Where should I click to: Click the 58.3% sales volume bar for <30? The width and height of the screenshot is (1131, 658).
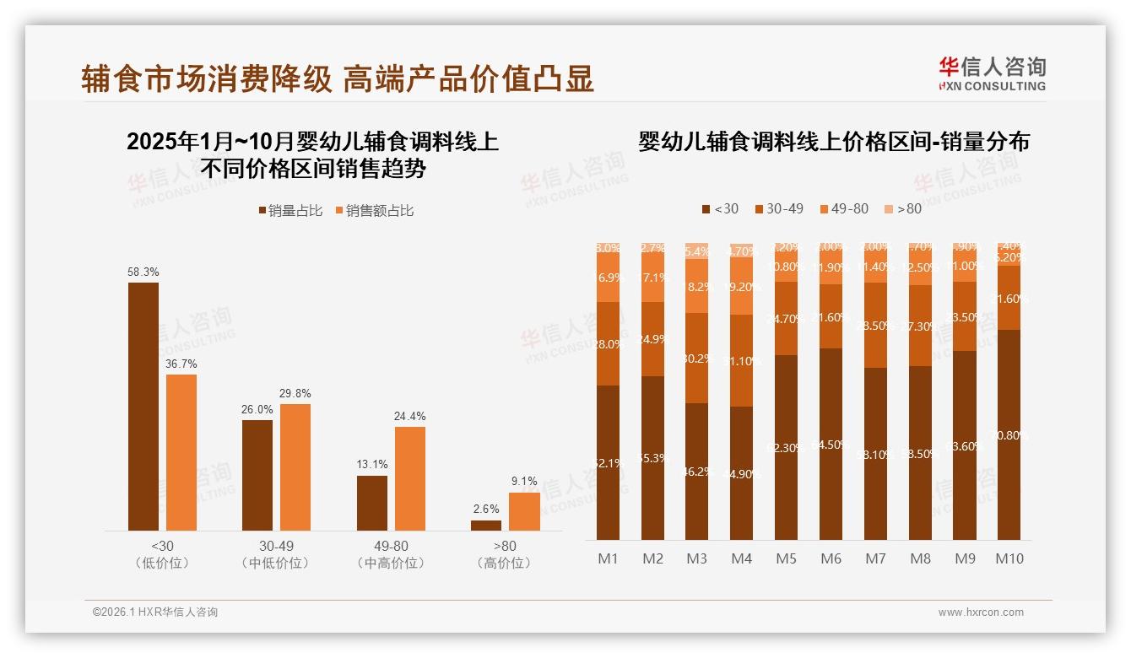click(x=143, y=407)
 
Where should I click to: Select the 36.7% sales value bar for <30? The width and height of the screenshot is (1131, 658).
click(x=181, y=452)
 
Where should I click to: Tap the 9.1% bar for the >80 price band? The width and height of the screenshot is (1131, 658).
click(x=524, y=511)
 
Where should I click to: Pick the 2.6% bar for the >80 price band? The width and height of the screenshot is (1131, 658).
click(x=486, y=526)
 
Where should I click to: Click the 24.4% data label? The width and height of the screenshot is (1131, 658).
click(x=410, y=416)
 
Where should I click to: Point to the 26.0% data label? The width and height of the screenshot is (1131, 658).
click(x=257, y=409)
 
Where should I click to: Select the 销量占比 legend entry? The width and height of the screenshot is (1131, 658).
click(x=290, y=211)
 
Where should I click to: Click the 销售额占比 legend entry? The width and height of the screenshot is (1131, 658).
click(x=374, y=211)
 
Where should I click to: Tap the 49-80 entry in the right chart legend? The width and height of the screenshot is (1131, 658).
click(x=843, y=208)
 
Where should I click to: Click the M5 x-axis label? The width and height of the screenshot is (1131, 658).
click(x=786, y=558)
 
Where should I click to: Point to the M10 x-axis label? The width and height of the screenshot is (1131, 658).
click(x=1009, y=558)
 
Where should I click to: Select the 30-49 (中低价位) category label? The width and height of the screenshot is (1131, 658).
click(x=276, y=554)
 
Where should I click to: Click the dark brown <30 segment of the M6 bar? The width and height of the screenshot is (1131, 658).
click(x=831, y=444)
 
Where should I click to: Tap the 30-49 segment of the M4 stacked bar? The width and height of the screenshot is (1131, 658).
click(x=741, y=361)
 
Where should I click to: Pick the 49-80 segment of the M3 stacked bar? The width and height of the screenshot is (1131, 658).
click(x=696, y=286)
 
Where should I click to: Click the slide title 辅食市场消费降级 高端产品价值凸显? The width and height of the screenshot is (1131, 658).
click(x=338, y=78)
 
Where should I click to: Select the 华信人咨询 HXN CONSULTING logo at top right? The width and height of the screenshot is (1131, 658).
click(x=992, y=73)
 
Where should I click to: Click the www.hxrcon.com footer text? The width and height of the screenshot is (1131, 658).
click(x=980, y=612)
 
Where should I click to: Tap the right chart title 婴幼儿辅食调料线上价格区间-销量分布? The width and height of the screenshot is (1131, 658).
click(x=834, y=142)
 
